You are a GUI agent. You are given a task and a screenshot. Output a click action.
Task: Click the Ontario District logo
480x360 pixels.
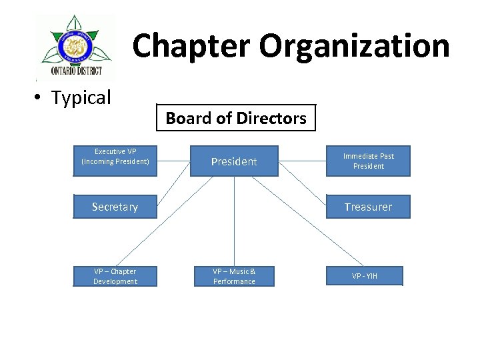(x=75, y=47)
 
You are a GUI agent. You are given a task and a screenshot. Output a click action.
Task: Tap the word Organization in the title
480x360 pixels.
(x=354, y=46)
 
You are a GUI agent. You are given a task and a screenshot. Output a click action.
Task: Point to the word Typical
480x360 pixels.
(x=81, y=98)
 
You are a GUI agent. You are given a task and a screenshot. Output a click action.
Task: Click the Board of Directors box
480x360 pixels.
(x=235, y=118)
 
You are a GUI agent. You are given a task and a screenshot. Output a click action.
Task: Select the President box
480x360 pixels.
(x=234, y=161)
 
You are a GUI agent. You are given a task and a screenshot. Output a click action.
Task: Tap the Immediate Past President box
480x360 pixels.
(x=368, y=161)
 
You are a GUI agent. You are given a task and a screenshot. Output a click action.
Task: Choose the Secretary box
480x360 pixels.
(x=115, y=207)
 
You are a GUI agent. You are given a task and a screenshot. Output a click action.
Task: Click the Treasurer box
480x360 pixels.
(x=368, y=207)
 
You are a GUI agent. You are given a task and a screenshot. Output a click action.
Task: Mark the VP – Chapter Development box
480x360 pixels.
(x=115, y=276)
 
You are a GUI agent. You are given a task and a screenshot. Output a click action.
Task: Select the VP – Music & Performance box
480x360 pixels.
(x=234, y=276)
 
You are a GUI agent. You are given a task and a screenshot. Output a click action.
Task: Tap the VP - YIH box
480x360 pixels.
(x=364, y=276)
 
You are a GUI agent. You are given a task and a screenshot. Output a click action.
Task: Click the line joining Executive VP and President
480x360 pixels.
(x=173, y=161)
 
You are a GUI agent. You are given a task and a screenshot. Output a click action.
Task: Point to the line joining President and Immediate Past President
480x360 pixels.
(x=302, y=161)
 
